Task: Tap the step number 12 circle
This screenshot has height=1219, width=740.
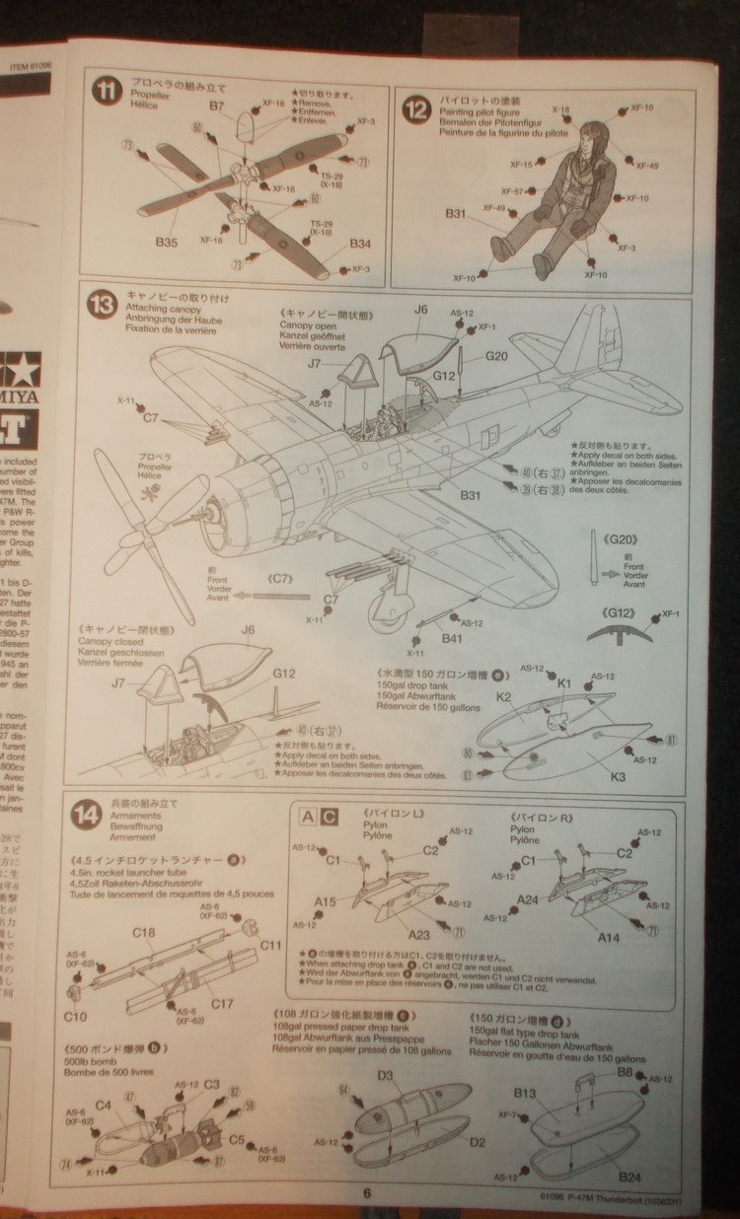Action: (x=416, y=108)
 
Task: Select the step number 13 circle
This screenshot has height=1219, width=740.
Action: (x=102, y=304)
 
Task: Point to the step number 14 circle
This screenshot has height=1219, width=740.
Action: (x=87, y=814)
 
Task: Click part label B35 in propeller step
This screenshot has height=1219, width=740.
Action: (x=166, y=241)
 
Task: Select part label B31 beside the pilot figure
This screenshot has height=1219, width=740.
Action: (x=456, y=213)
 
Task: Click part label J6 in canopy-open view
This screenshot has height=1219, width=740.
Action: (x=420, y=309)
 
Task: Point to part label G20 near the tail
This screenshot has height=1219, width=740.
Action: (x=495, y=356)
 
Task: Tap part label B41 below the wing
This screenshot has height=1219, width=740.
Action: (x=453, y=638)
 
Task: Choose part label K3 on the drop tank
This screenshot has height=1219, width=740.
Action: (x=618, y=776)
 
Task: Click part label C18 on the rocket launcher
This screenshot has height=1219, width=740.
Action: (x=143, y=932)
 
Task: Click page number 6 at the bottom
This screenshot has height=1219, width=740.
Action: (x=366, y=1192)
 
